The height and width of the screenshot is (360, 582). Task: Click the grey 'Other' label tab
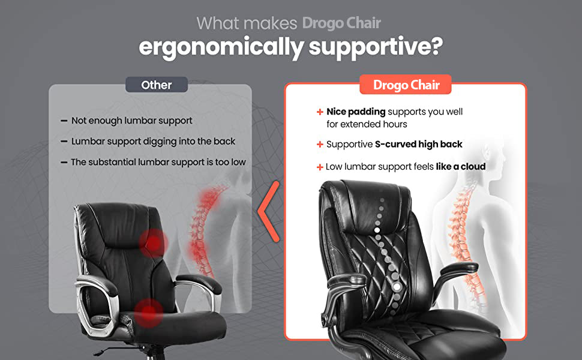pyautogui.click(x=157, y=85)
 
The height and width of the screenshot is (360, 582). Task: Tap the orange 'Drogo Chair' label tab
pyautogui.click(x=406, y=85)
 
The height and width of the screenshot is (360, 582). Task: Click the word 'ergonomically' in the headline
pyautogui.click(x=221, y=48)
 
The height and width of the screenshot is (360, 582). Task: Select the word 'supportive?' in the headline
pyautogui.click(x=376, y=47)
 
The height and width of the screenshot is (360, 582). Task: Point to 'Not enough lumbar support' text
pyautogui.click(x=132, y=121)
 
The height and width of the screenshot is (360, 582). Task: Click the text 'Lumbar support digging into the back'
pyautogui.click(x=153, y=142)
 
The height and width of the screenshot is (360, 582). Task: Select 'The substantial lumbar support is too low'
pyautogui.click(x=158, y=162)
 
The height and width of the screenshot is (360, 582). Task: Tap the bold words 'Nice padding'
pyautogui.click(x=356, y=112)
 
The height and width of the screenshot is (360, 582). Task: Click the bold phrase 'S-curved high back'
pyautogui.click(x=418, y=144)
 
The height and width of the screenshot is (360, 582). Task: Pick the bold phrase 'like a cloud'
pyautogui.click(x=461, y=166)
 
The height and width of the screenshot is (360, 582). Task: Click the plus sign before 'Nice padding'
pyautogui.click(x=320, y=112)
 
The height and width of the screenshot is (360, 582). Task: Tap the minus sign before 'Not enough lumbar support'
pyautogui.click(x=64, y=121)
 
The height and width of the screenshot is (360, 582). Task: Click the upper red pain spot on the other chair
pyautogui.click(x=154, y=244)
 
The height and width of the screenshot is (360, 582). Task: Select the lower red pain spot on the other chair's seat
pyautogui.click(x=148, y=313)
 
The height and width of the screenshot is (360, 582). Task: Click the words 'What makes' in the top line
pyautogui.click(x=247, y=23)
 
